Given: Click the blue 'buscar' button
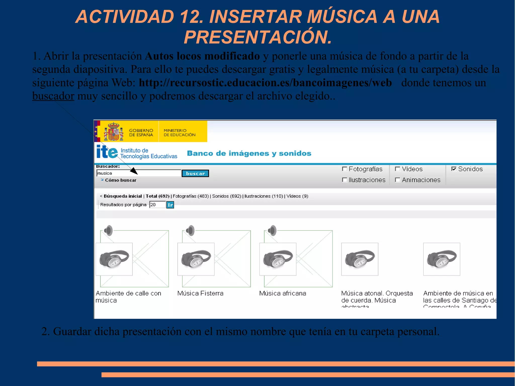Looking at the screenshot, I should tap(195, 173).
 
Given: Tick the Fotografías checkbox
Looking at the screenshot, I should tap(345, 169).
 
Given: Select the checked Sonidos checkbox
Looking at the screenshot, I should tap(454, 169).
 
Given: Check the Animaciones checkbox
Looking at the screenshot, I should tap(398, 180).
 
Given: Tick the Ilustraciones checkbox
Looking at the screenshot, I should tap(345, 180).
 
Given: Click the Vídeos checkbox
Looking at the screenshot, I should tap(398, 169).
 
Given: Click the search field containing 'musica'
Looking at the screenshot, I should tap(138, 173).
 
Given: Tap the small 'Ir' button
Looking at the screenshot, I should tap(170, 205).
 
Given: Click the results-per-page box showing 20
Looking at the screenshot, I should tap(157, 205).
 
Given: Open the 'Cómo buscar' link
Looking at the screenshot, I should tap(120, 180).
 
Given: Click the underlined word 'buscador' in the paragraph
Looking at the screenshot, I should tap(53, 96).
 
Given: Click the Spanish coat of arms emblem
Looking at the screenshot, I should tap(114, 132).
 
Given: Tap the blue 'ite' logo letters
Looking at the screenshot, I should tap(107, 152).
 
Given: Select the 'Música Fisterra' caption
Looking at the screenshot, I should tap(200, 293).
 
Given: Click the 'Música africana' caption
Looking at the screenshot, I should tap(283, 293).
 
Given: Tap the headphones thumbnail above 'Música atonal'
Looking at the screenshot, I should tap(360, 259).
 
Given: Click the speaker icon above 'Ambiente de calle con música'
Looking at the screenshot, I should tap(108, 230).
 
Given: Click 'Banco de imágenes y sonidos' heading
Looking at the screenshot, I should tap(249, 153).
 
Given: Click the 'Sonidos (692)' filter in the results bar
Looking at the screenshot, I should tap(227, 196).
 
